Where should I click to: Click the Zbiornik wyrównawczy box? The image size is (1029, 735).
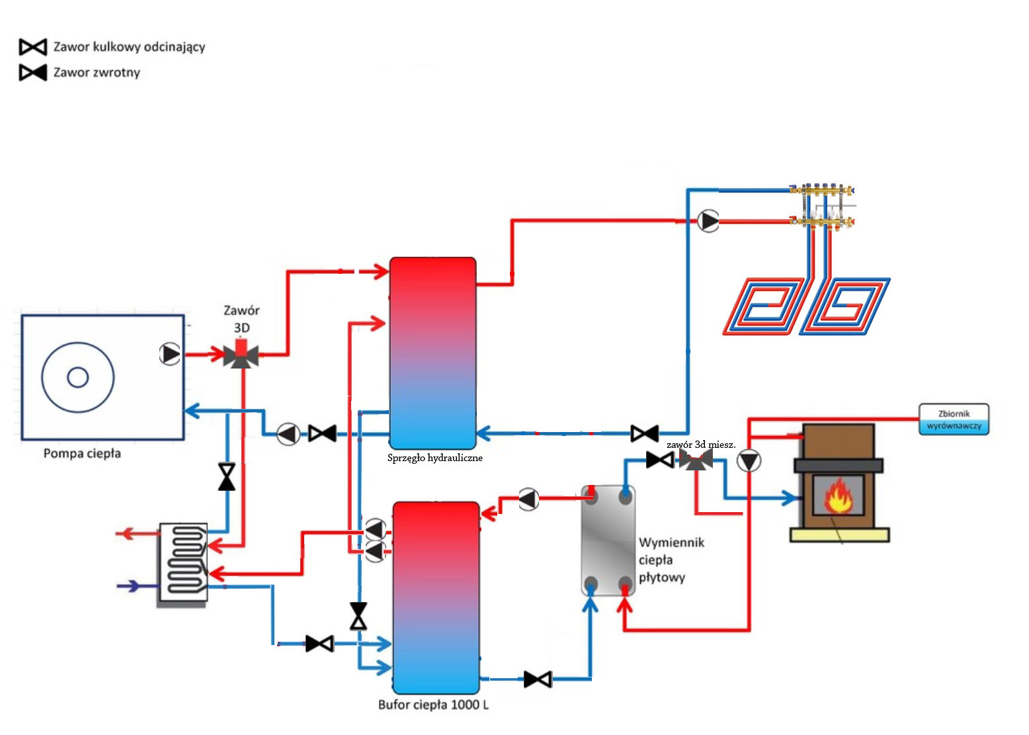point(954,419)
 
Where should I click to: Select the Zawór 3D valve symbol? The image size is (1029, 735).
point(241,355)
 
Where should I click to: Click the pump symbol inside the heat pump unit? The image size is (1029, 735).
point(170,354)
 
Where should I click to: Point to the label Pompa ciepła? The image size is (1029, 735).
point(82,454)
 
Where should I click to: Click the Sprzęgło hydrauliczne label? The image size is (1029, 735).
point(434,458)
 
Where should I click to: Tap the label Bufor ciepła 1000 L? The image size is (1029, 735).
point(433,705)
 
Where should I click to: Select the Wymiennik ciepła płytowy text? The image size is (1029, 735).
point(671,560)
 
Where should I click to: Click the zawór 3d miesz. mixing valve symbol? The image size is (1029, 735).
point(695,460)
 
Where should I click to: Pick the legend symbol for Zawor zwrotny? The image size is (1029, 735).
point(33,72)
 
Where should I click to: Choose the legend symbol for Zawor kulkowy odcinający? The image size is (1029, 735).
point(33,47)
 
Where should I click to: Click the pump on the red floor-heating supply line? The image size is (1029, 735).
point(708,221)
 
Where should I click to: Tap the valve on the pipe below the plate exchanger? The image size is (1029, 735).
point(538,679)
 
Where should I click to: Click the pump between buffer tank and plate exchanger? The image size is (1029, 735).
point(528,499)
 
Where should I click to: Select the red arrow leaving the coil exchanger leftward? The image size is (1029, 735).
point(126,533)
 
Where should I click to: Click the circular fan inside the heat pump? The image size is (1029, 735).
point(78,377)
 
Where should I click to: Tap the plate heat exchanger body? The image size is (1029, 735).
point(608,540)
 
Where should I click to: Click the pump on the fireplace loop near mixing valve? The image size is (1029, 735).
point(749,461)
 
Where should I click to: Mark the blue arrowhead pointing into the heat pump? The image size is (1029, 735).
point(192,411)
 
